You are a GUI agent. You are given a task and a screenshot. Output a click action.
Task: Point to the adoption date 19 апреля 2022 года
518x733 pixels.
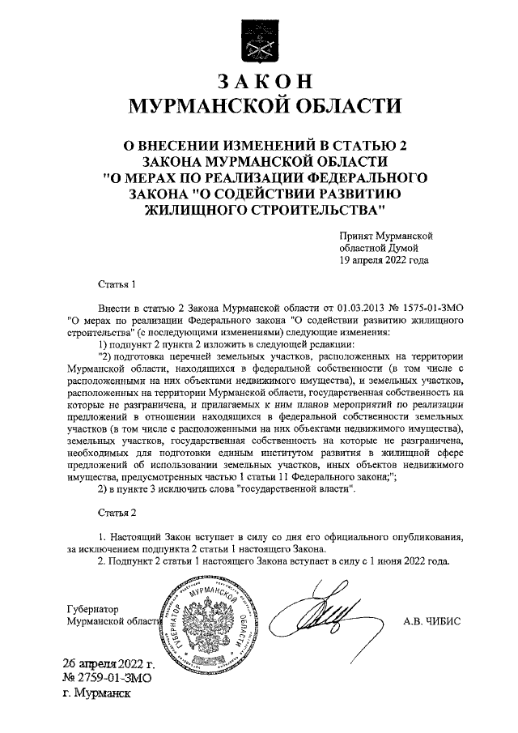coord(384,261)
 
